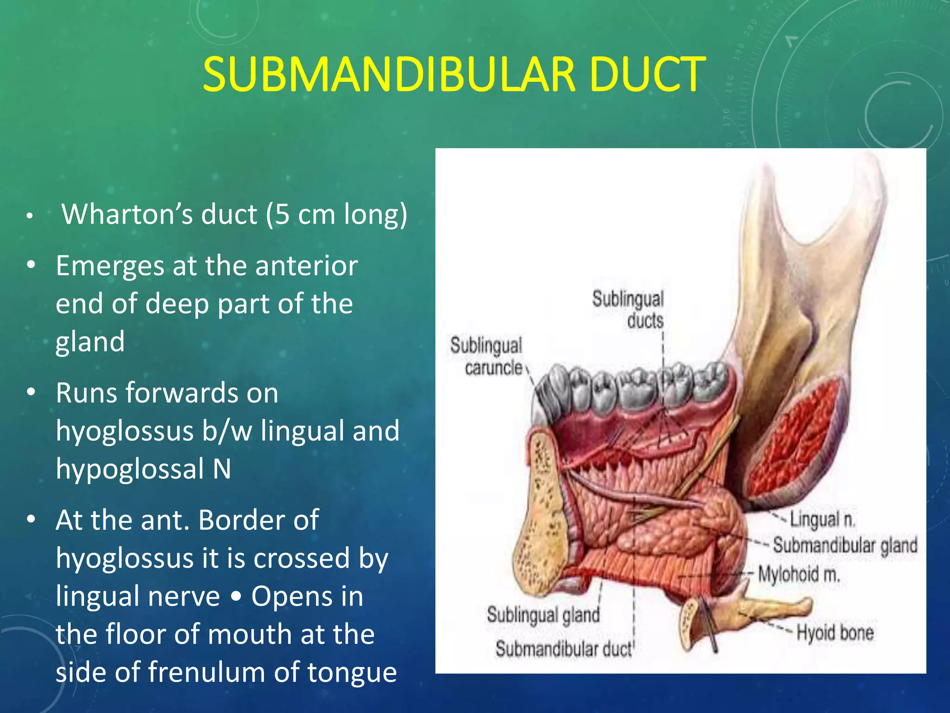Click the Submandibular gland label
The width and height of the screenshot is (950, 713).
tap(845, 545)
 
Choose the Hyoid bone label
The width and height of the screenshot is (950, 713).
tap(835, 632)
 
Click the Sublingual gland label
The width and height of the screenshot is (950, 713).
tap(543, 615)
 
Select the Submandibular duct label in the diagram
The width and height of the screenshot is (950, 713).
tap(564, 648)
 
